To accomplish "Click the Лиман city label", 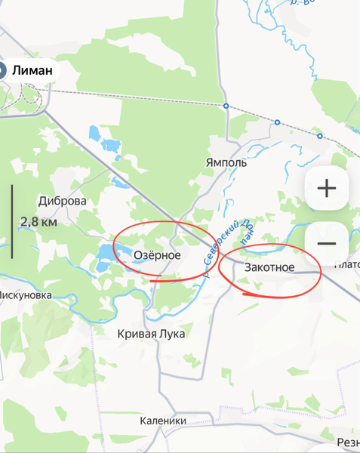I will pos(33,70).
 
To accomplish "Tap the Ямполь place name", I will pos(226,162).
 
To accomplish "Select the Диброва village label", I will pos(62,202).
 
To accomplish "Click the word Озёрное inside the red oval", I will pos(157,256).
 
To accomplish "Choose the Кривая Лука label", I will pos(151,334).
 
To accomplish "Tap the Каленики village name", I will pos(163,421).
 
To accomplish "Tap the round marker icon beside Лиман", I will pos(2,71).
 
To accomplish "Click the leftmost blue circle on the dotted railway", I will pos(226,106).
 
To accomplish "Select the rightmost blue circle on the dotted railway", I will pos(320,137).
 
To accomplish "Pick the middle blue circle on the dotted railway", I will pos(277,122).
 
